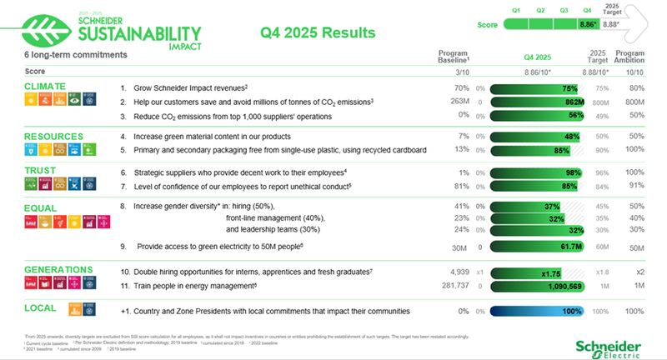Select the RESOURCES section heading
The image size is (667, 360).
point(53,135)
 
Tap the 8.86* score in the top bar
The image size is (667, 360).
point(586,25)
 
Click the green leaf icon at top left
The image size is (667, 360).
point(43,31)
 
